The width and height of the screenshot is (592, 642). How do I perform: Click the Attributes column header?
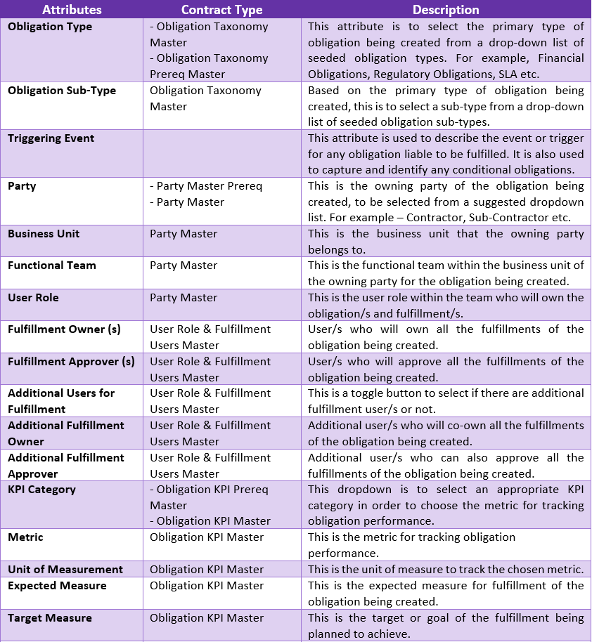pos(72,10)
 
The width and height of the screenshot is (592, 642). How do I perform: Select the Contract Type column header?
pos(221,10)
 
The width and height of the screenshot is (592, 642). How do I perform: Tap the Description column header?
pos(446,10)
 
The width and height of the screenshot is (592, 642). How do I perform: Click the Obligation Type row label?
pos(50,27)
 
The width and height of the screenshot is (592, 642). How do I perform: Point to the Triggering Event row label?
pos(51,138)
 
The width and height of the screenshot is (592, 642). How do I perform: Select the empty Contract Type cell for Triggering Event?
pos(221,154)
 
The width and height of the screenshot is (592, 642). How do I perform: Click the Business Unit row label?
pos(44,234)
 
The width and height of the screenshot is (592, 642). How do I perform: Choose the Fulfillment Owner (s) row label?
pos(64,329)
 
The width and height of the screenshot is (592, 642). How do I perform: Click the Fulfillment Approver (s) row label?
pos(71,362)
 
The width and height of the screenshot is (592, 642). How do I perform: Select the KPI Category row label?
pos(41,490)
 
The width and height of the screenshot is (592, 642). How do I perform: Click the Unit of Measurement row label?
pos(65,570)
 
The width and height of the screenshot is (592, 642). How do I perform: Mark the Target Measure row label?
pos(50,618)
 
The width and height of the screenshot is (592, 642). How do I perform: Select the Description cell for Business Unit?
pos(446,241)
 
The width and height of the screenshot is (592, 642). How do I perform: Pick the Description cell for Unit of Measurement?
pos(446,570)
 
